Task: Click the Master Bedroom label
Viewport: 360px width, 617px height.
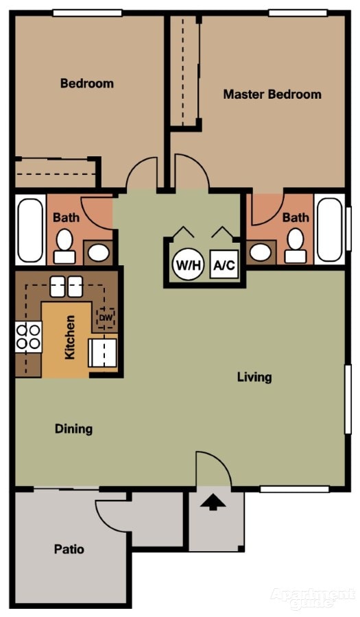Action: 272,95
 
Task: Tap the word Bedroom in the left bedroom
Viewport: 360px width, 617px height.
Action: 87,84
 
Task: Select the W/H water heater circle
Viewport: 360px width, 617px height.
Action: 188,265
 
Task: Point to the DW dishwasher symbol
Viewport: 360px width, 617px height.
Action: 105,317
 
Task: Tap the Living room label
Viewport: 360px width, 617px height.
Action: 254,377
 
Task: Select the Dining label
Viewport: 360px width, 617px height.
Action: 73,429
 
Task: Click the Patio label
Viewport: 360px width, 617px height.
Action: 69,549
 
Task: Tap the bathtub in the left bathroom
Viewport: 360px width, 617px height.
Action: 30,230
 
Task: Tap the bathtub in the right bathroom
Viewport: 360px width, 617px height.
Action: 331,230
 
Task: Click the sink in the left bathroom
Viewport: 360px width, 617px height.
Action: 99,252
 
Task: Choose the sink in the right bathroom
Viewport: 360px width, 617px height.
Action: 260,252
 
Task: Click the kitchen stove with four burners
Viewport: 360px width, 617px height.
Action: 28,336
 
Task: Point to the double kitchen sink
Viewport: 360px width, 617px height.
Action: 67,286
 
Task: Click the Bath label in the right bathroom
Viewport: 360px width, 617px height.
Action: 296,217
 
